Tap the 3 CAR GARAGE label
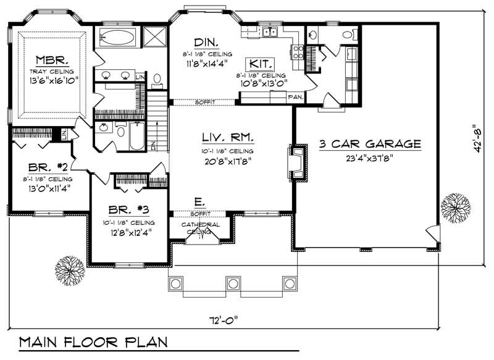tap(370, 144)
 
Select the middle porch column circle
tap(232, 283)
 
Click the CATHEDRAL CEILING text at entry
tap(200, 228)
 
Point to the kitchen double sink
tap(270, 32)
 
